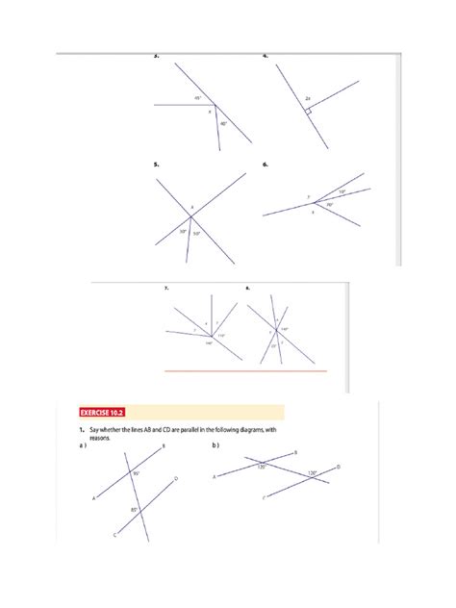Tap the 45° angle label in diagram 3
click(x=198, y=98)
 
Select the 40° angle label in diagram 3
click(x=222, y=123)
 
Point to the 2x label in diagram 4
click(x=307, y=98)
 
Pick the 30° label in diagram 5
click(x=183, y=231)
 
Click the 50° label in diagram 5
click(x=196, y=234)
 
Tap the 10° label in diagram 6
click(x=341, y=191)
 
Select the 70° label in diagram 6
click(x=329, y=204)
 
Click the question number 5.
click(x=156, y=166)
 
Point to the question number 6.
click(x=265, y=166)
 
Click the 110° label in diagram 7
click(x=222, y=335)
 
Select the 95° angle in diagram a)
click(x=137, y=473)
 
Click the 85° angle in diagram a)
click(x=136, y=511)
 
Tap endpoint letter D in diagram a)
click(x=175, y=478)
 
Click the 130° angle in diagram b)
click(x=261, y=468)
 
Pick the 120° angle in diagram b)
click(x=312, y=473)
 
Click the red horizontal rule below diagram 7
click(x=246, y=371)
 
